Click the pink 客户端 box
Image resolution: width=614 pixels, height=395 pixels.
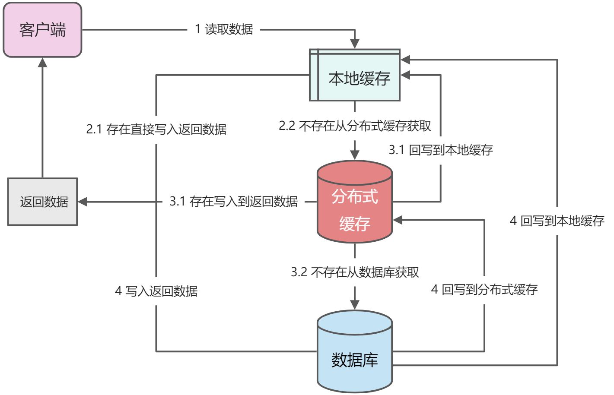click(42, 30)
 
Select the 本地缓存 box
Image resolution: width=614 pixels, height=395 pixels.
click(355, 76)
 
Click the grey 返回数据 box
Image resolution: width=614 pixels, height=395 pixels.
click(42, 202)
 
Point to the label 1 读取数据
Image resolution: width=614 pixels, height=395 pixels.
click(224, 29)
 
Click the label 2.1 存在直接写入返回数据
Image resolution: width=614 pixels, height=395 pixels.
click(156, 129)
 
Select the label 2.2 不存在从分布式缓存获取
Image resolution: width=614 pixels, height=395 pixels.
click(355, 126)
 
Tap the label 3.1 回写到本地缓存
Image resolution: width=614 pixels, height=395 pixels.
click(441, 150)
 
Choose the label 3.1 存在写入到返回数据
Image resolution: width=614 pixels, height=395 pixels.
click(233, 201)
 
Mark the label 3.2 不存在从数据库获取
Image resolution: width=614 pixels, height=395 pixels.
click(355, 272)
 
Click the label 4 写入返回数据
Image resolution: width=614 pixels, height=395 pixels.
click(156, 291)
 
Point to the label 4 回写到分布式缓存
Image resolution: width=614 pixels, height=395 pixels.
click(484, 289)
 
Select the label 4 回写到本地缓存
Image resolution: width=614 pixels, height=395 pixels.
click(557, 221)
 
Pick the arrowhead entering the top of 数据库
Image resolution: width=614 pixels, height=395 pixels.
click(355, 305)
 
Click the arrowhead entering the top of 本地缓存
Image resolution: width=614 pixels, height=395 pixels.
click(355, 44)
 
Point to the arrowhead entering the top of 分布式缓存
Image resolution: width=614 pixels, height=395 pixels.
click(355, 155)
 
